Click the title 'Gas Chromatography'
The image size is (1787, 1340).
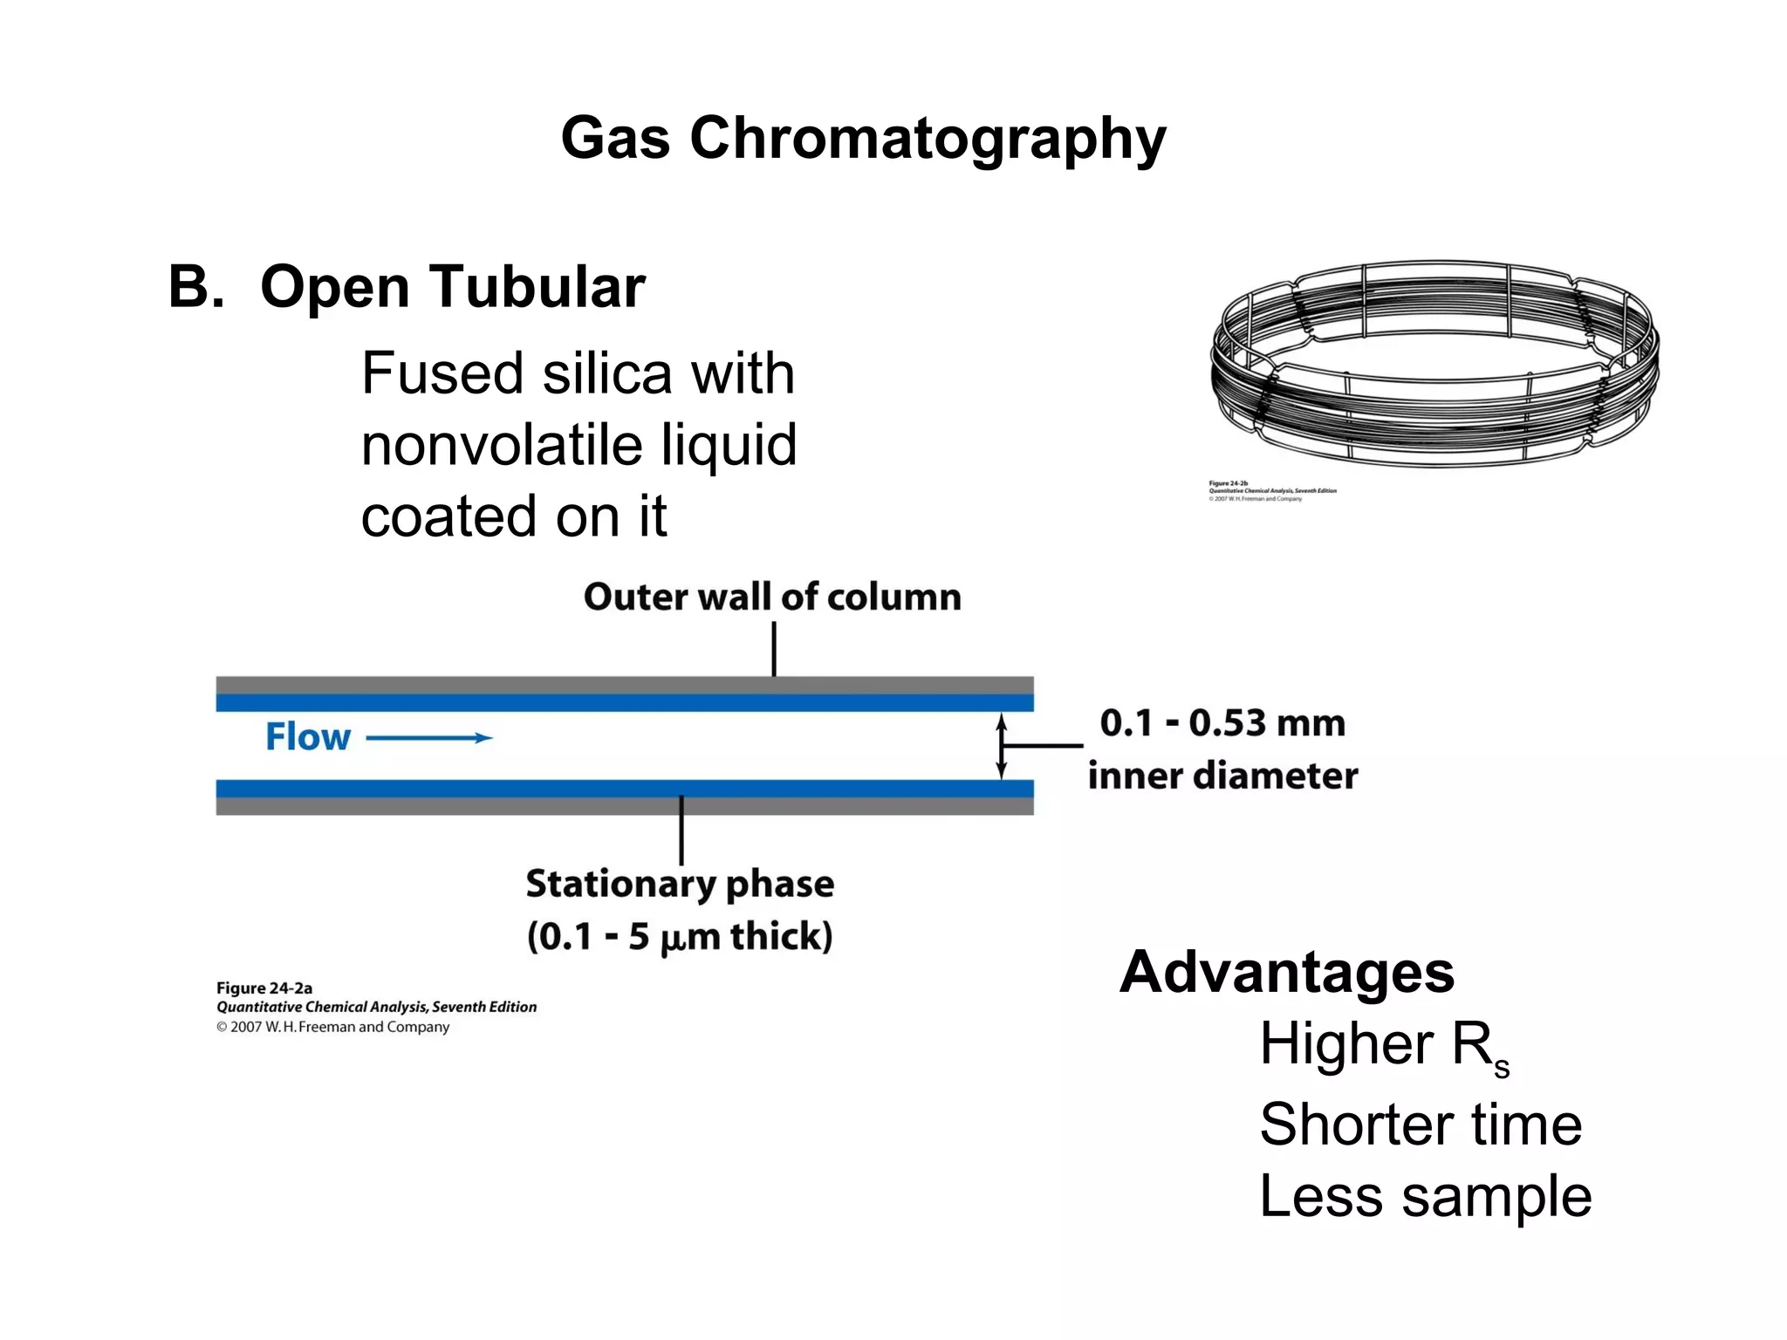point(863,138)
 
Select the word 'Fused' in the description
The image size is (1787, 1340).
point(442,373)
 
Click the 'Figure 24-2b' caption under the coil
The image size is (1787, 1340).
point(1229,482)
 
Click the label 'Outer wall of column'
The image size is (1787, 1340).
point(772,598)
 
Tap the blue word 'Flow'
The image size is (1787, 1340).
point(308,737)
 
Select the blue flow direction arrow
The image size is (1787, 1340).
point(429,738)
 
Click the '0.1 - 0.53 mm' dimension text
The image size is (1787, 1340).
point(1222,723)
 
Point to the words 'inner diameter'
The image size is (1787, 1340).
point(1222,776)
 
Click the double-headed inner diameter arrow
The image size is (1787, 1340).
point(1002,746)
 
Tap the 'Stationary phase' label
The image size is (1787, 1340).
point(680,884)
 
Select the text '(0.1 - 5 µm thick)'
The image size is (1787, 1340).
point(680,936)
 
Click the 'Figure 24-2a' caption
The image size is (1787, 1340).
point(264,988)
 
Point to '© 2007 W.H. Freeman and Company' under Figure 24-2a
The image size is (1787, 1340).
point(333,1027)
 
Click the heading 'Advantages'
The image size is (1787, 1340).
point(1287,972)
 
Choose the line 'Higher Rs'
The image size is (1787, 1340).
point(1384,1045)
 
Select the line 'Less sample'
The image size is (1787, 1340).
point(1426,1196)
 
